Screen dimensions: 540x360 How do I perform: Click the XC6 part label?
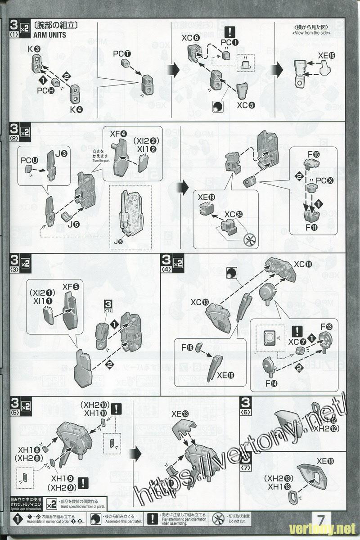click(x=191, y=38)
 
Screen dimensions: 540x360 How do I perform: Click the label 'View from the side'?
click(x=311, y=33)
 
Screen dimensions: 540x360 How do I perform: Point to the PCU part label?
click(x=29, y=160)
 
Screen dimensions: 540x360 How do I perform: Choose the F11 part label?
click(x=311, y=228)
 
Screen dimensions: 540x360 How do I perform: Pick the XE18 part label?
click(x=325, y=461)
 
